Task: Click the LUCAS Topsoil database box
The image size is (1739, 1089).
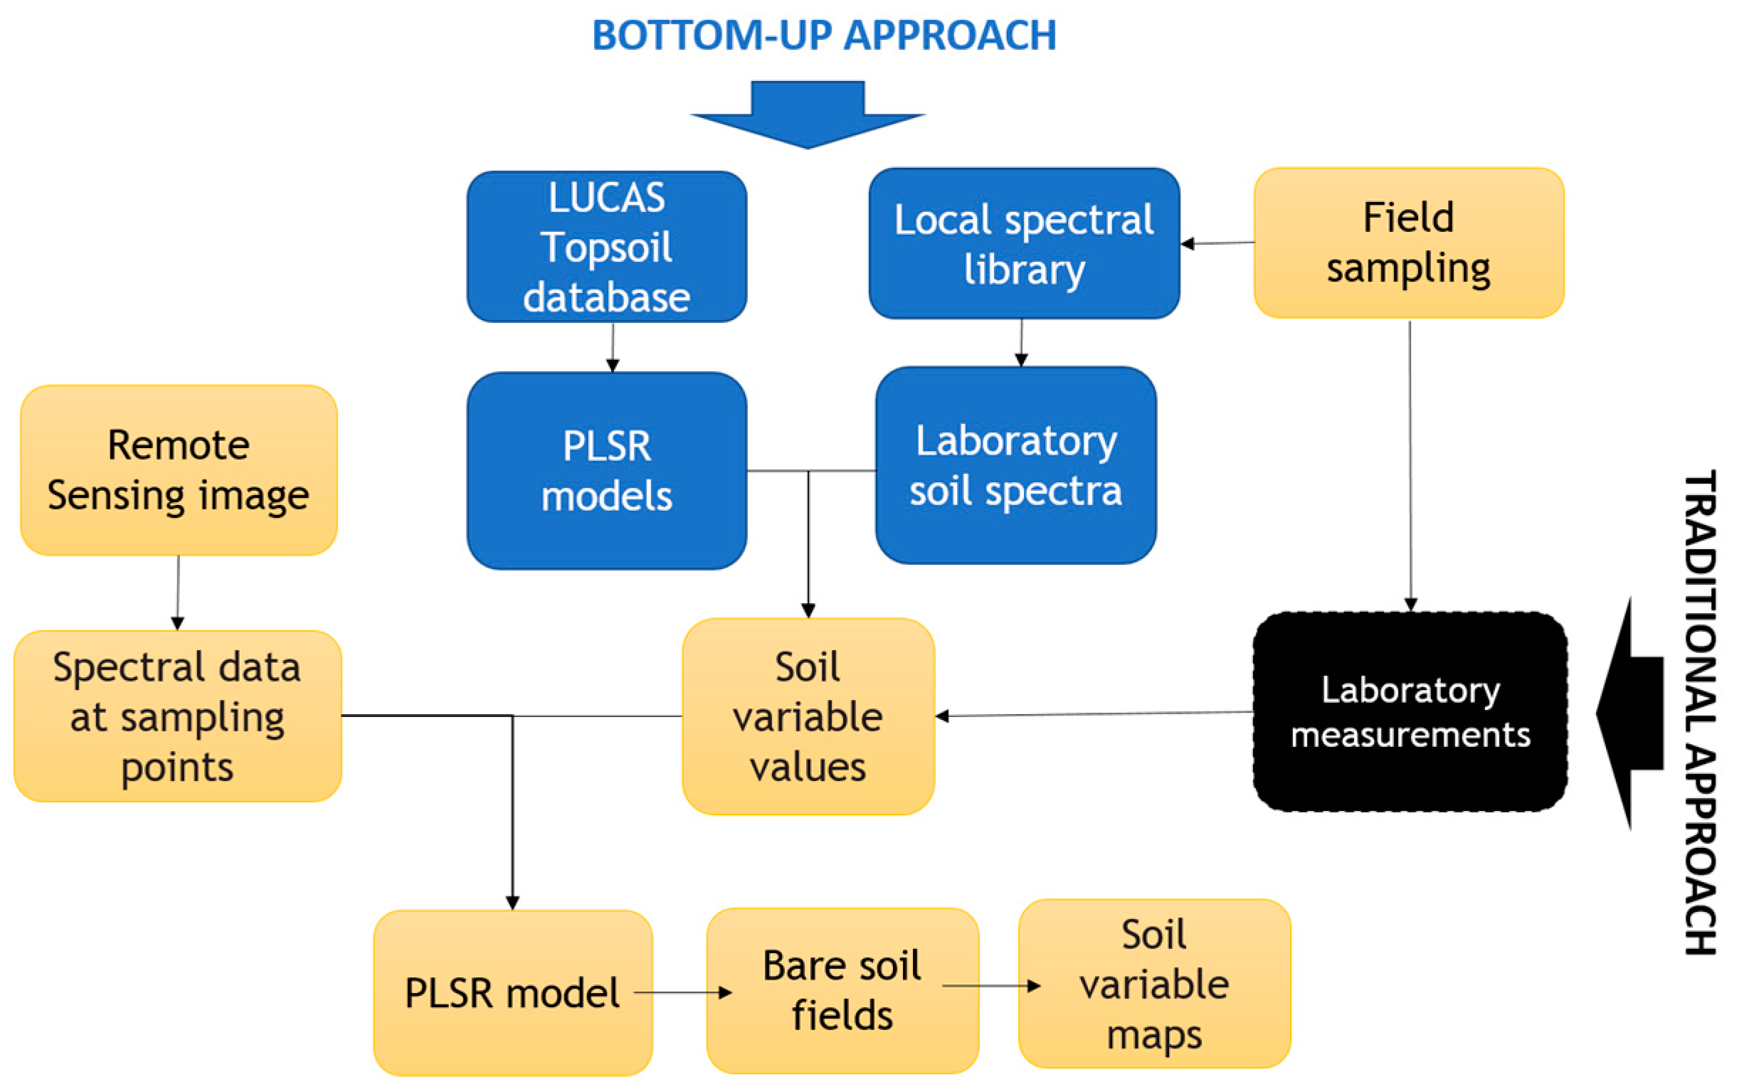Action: (606, 246)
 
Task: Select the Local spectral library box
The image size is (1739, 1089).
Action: (1024, 243)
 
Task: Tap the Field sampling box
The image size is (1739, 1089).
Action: (1408, 243)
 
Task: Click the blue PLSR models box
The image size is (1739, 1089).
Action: (606, 470)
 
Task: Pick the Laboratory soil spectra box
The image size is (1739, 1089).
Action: (1016, 465)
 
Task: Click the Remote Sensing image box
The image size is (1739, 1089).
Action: (179, 469)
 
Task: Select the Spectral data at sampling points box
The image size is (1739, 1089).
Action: (177, 716)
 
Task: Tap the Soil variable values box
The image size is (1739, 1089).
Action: (808, 716)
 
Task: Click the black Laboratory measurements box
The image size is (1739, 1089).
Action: (1410, 711)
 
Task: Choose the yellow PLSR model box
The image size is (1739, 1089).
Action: (512, 992)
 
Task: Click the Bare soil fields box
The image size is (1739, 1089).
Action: (842, 990)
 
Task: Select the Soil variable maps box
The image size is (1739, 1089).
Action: (1154, 984)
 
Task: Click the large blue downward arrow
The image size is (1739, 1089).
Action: (808, 115)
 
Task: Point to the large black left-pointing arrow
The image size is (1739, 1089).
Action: (1629, 713)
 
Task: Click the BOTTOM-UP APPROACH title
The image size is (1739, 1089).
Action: (824, 35)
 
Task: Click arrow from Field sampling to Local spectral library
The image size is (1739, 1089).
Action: (1217, 243)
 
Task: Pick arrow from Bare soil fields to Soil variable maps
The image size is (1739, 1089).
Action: (991, 985)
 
